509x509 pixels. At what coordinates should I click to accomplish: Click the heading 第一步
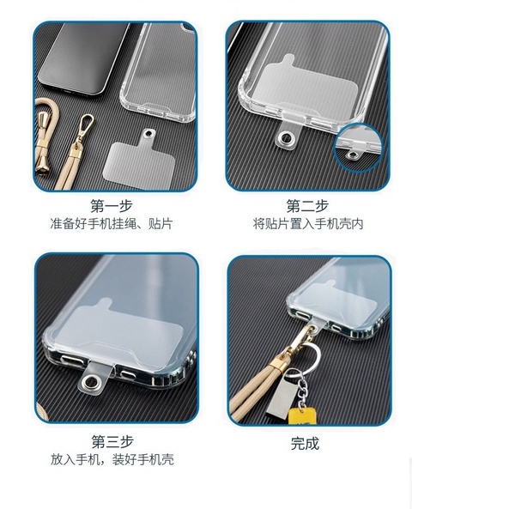(x=112, y=206)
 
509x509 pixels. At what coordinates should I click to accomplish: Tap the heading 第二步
(x=307, y=206)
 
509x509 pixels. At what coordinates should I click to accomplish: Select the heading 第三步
(x=112, y=441)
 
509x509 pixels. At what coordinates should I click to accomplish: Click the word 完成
(x=305, y=444)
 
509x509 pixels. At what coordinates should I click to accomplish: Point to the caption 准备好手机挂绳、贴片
(x=112, y=224)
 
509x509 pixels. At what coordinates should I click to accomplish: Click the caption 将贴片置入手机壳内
(x=308, y=224)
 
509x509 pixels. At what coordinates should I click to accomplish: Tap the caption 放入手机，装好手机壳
(x=112, y=459)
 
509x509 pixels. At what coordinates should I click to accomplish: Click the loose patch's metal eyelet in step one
(x=148, y=133)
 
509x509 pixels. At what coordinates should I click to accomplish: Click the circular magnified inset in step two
(x=359, y=148)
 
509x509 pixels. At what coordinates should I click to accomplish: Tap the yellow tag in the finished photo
(x=302, y=415)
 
